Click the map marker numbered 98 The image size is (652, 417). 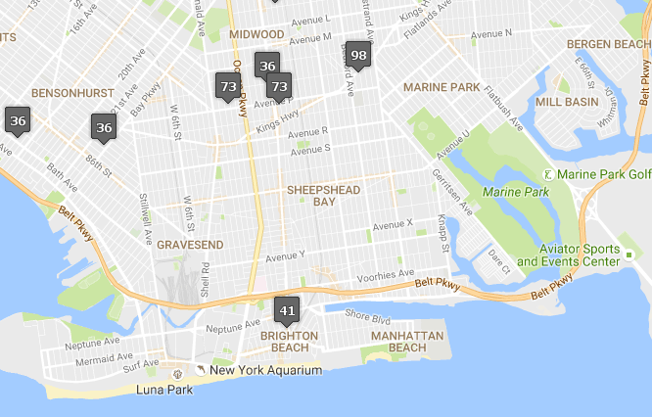358,56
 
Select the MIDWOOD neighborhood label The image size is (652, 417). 256,34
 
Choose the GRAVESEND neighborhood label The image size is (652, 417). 190,244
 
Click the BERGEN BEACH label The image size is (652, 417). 609,44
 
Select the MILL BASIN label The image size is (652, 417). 566,101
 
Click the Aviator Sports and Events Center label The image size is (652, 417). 568,255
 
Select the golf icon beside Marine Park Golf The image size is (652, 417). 548,174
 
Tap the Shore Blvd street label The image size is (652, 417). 367,317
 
